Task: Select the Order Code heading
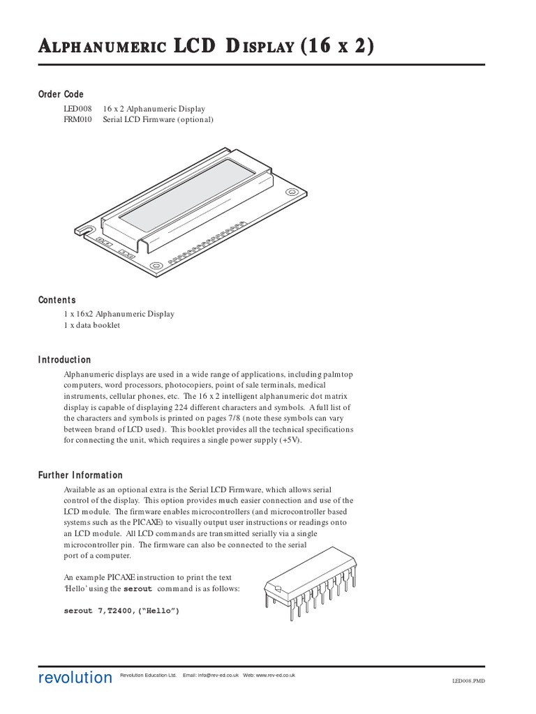61,94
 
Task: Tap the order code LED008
77,109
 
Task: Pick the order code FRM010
77,119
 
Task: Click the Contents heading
57,300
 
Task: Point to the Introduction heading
64,360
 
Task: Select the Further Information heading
80,475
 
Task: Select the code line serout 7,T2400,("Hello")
121,611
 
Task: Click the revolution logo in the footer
75,678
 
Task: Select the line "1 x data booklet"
92,325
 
